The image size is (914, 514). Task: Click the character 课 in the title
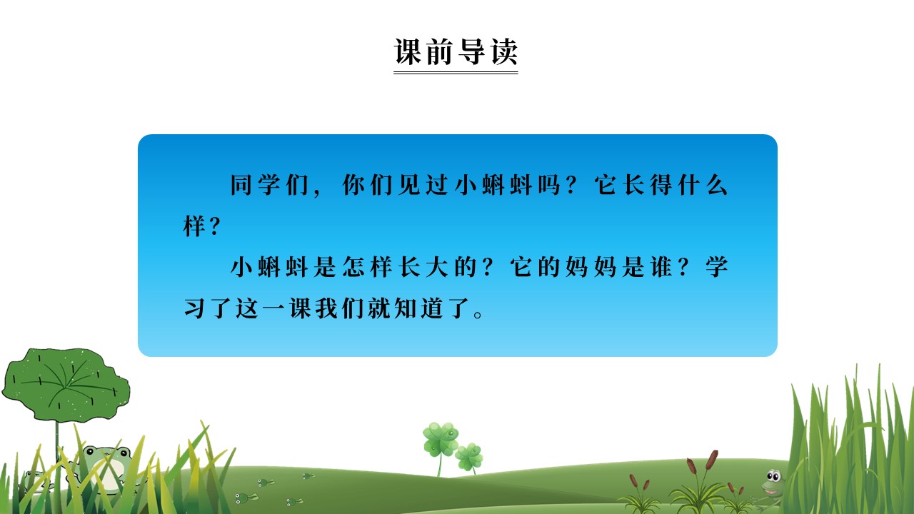pos(408,52)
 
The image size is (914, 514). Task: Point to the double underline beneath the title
pos(456,72)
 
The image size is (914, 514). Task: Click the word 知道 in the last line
pos(425,309)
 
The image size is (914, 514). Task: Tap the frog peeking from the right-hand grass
pos(772,483)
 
